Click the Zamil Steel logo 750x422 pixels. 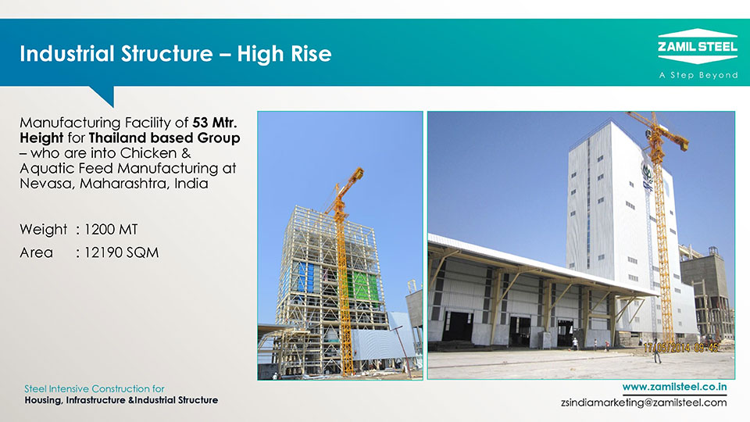pos(698,46)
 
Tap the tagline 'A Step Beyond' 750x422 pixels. pos(698,75)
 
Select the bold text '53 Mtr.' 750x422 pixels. pos(214,123)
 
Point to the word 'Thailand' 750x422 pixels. pos(117,138)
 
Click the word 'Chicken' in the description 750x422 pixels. pos(148,153)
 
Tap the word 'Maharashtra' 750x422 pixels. pos(124,184)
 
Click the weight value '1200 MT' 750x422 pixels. pos(111,230)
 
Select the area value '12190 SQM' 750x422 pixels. pos(122,252)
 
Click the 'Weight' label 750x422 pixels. pos(44,230)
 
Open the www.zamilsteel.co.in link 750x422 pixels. pos(674,387)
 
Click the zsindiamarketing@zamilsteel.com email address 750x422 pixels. pos(644,402)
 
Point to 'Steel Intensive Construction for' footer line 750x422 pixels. pos(95,388)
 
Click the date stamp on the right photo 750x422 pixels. pos(680,348)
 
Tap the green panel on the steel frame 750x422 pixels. pos(366,286)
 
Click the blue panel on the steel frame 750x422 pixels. pos(306,277)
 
